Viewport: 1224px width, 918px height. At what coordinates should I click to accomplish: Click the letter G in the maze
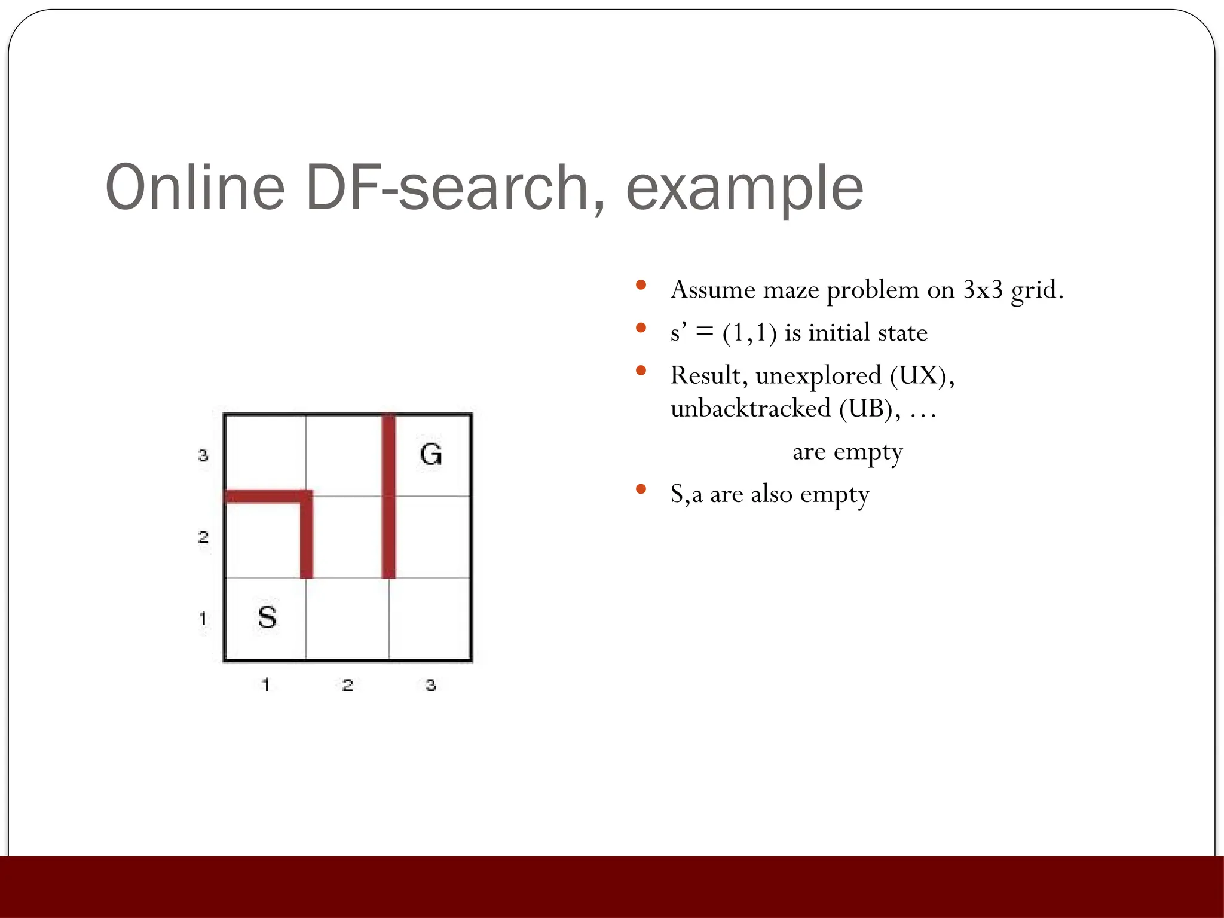(431, 454)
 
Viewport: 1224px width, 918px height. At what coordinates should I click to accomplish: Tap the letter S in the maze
(267, 617)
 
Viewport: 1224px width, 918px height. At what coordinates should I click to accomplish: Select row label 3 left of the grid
(203, 456)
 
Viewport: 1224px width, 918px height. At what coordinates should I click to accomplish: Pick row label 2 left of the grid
(203, 537)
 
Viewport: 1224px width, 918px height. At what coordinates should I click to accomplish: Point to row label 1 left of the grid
(203, 618)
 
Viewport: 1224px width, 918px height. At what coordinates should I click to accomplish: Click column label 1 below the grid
(266, 684)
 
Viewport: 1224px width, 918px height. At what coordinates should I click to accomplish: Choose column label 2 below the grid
(348, 685)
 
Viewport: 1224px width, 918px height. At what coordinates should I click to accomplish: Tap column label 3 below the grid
(431, 685)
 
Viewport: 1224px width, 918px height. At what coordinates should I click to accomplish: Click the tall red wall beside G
(388, 496)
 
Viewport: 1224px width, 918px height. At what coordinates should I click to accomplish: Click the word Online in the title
(195, 188)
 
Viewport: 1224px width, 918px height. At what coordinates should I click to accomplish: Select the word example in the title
(744, 188)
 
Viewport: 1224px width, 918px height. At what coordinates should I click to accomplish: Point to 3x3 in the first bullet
(983, 290)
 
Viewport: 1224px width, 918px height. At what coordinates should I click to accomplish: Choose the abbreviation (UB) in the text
(867, 409)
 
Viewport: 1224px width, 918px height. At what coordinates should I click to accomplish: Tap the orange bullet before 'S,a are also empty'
(641, 489)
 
